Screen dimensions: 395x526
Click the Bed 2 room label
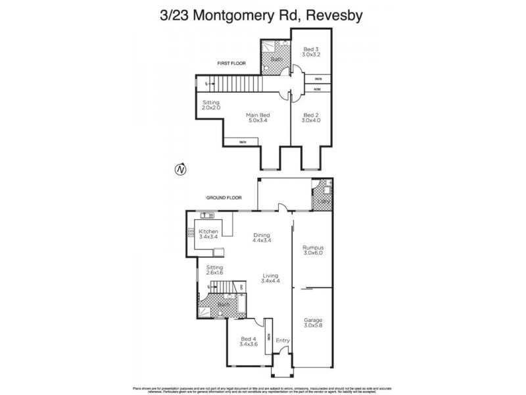[311, 115]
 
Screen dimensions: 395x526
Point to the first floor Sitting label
[211, 104]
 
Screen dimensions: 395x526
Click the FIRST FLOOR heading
[232, 64]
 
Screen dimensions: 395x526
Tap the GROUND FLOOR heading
[224, 197]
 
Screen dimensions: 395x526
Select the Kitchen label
[208, 232]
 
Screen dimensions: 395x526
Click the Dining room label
[262, 235]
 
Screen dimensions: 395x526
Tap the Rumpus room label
[314, 248]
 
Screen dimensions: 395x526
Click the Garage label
[314, 321]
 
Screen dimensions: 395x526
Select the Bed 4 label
[249, 338]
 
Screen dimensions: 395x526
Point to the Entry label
[283, 340]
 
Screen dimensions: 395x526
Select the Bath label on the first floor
[274, 59]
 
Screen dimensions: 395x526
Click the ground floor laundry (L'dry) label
[323, 201]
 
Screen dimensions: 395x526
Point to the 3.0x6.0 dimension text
[314, 253]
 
